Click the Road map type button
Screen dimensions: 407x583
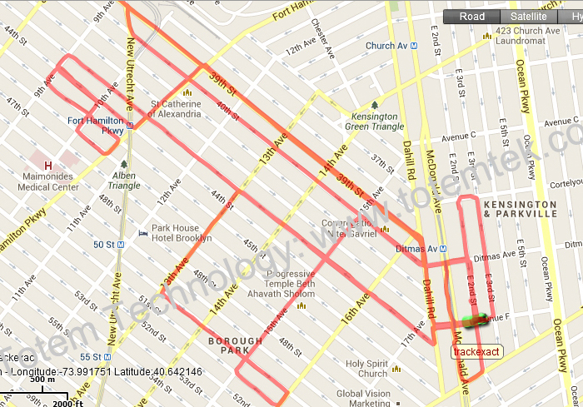(471, 17)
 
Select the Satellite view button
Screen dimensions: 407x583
(529, 17)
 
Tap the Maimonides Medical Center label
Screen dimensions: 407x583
(48, 181)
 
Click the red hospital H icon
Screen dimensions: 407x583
(47, 166)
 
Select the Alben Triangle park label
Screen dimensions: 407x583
(123, 181)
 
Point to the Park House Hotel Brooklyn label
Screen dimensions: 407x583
(181, 233)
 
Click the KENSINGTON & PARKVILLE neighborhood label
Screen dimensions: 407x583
(520, 209)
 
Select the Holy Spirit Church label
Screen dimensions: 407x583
(366, 369)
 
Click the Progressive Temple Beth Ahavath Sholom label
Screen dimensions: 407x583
(290, 283)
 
